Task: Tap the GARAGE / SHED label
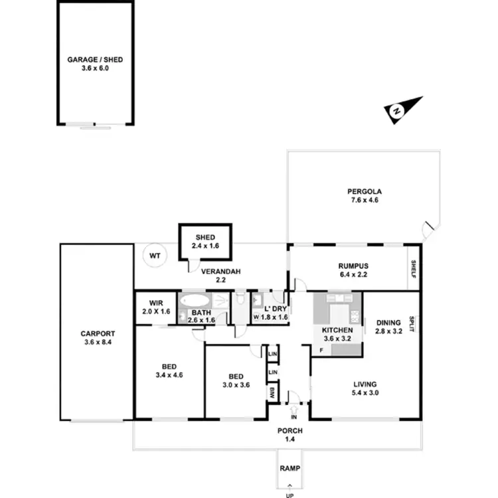(95, 59)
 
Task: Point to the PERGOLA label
(363, 191)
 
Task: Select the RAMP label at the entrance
(288, 468)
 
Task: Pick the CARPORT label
(98, 334)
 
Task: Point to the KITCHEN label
(336, 330)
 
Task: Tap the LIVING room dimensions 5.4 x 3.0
(365, 393)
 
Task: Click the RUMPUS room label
(353, 266)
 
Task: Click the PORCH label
(290, 430)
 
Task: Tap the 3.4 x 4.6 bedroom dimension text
(169, 374)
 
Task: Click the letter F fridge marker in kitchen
(321, 349)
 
